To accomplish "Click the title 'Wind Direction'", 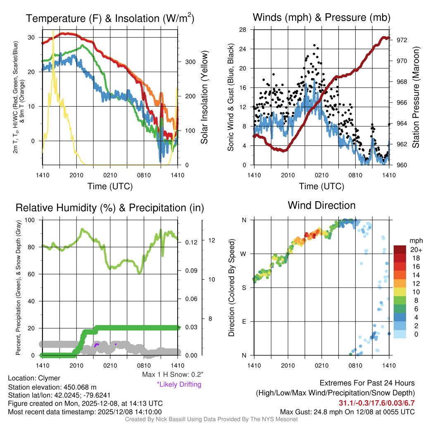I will pyautogui.click(x=321, y=205).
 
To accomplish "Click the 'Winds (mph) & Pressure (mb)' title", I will pyautogui.click(x=321, y=17).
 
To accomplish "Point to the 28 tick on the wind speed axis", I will pyautogui.click(x=243, y=29).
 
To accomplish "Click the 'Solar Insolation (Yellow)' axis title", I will pyautogui.click(x=204, y=97).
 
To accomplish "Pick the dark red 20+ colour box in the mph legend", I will pyautogui.click(x=400, y=250).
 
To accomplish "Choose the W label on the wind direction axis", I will pyautogui.click(x=244, y=254).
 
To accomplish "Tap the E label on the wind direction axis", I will pyautogui.click(x=244, y=321).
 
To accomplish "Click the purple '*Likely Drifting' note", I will pyautogui.click(x=179, y=384).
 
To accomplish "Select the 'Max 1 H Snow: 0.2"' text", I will pyautogui.click(x=173, y=374).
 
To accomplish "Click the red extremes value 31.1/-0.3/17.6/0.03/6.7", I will pyautogui.click(x=377, y=403).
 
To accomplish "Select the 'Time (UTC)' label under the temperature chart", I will pyautogui.click(x=110, y=186).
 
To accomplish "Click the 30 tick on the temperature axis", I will pyautogui.click(x=31, y=37).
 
